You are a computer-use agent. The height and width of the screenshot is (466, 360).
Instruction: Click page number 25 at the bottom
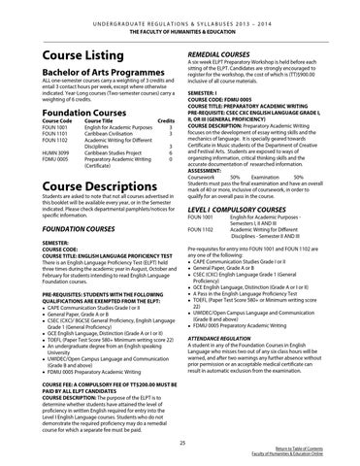(180, 442)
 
